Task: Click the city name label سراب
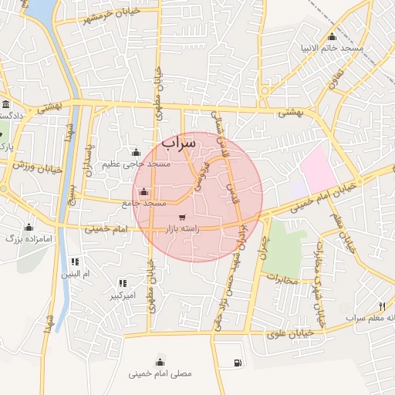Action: pos(180,143)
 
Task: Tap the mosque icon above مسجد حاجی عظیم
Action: pos(137,152)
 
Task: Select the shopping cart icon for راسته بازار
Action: pos(182,218)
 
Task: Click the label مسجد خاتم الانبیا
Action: pos(332,48)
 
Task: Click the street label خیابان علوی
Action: pos(288,333)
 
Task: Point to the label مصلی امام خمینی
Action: pos(160,373)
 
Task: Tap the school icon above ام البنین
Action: pos(75,262)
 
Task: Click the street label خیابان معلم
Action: pos(348,232)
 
